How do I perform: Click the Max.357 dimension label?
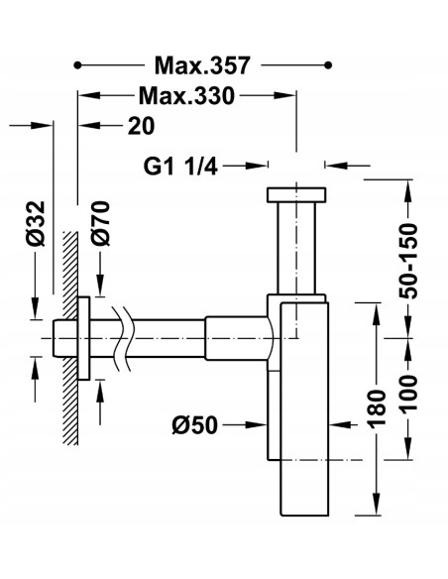[202, 65]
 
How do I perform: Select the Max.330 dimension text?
[186, 96]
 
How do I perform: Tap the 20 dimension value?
[141, 126]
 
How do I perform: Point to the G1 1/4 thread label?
[180, 167]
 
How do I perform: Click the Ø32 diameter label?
[36, 223]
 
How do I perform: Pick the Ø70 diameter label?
[101, 223]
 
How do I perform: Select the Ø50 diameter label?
[195, 425]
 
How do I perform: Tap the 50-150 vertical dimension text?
[408, 261]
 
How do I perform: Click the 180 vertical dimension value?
[378, 409]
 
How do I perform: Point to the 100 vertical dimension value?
[408, 394]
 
